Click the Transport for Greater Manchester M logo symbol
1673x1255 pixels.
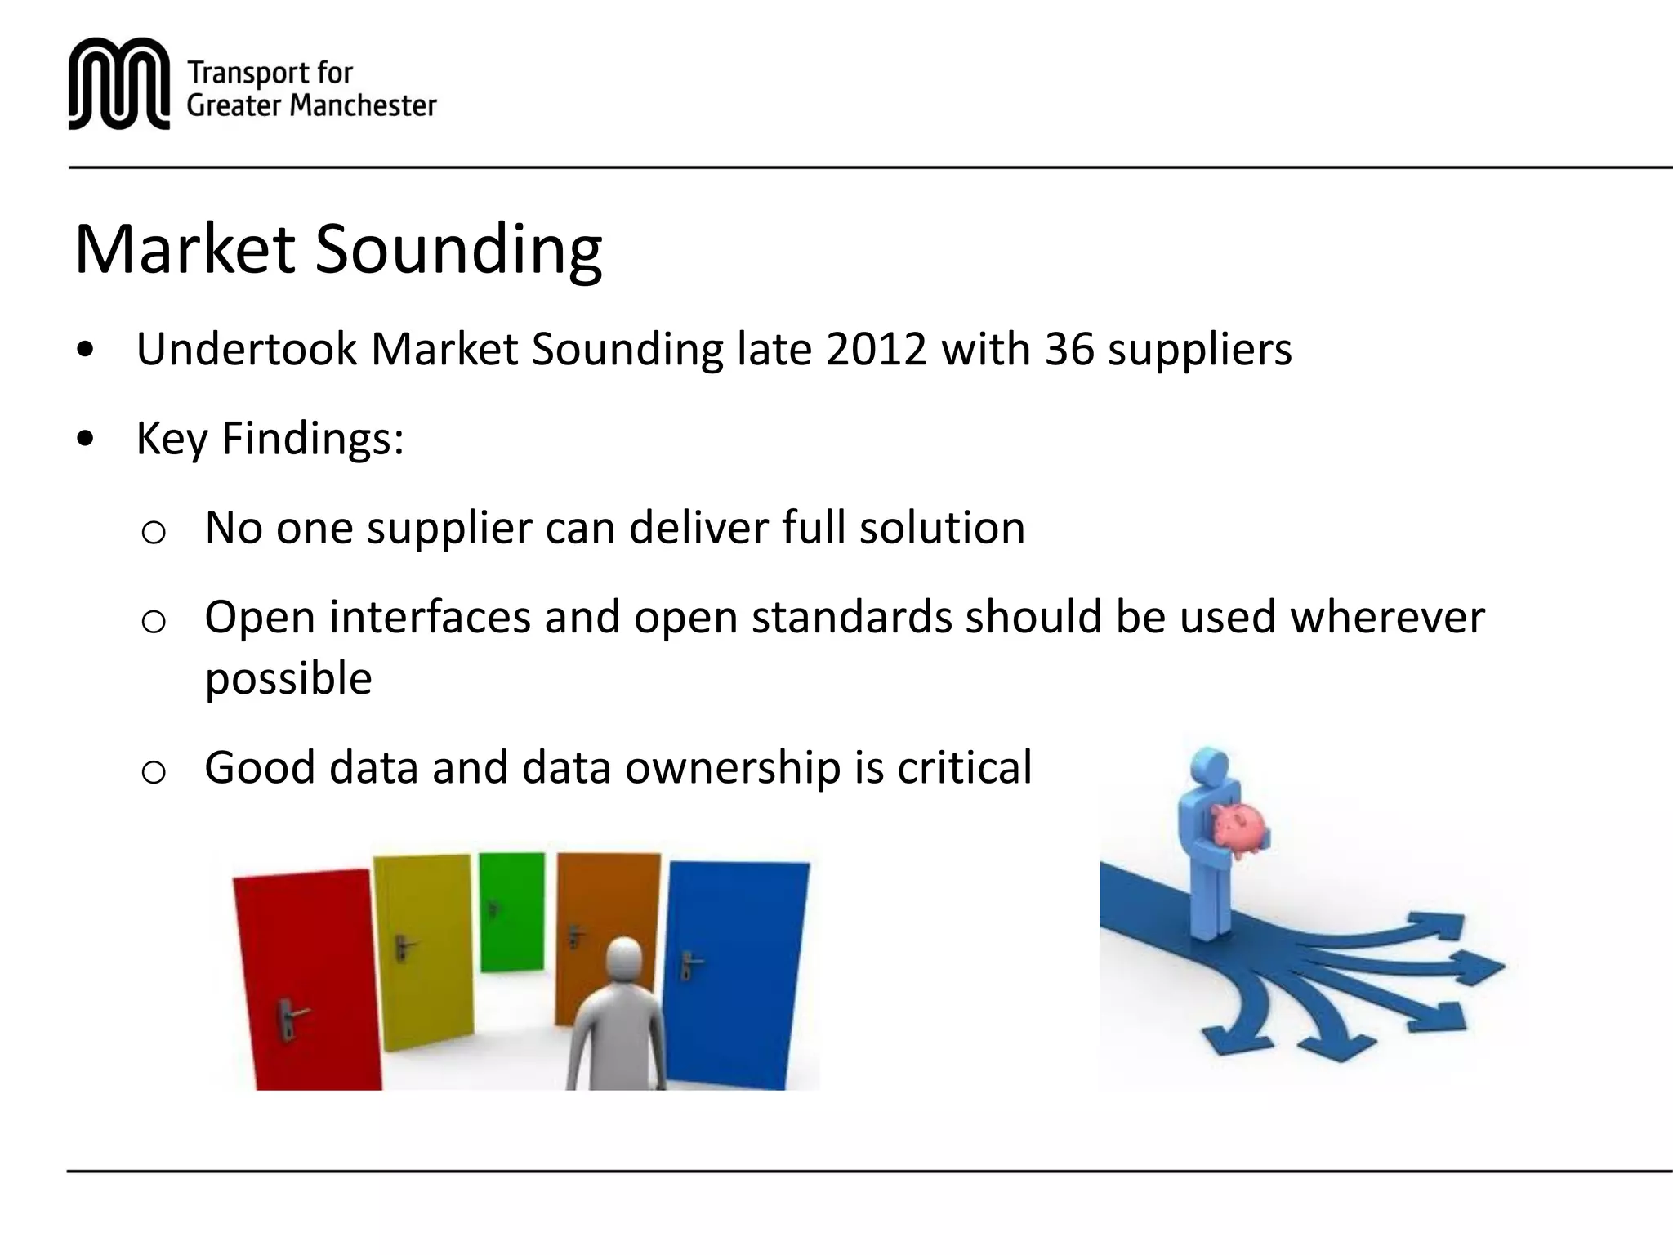[119, 83]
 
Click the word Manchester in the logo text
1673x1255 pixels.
[363, 106]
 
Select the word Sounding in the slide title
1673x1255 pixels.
[458, 250]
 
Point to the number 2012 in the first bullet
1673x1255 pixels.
[876, 350]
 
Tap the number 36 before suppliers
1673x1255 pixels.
[1069, 350]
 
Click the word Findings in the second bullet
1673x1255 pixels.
[313, 439]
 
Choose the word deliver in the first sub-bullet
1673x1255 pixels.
[698, 528]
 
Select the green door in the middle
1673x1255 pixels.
[511, 911]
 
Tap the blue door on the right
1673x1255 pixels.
[735, 972]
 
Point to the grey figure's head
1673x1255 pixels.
[625, 960]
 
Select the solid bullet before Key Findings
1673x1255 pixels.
[85, 440]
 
